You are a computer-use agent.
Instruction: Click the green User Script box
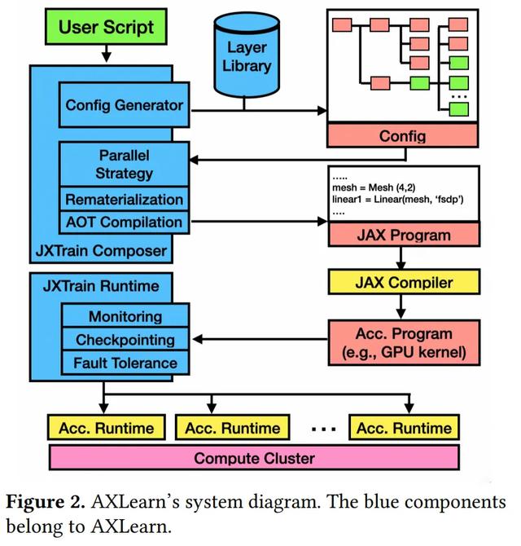(x=107, y=28)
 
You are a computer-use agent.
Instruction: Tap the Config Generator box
(x=125, y=105)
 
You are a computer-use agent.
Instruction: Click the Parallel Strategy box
(x=125, y=164)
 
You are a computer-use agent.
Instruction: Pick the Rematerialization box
(x=125, y=199)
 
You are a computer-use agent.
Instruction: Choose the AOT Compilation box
(x=125, y=221)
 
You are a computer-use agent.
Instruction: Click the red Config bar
(x=402, y=136)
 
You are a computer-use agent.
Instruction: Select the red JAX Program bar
(x=402, y=236)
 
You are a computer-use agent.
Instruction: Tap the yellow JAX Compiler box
(x=402, y=284)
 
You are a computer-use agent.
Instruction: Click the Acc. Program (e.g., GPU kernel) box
(x=402, y=340)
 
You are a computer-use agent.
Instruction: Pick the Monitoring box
(x=125, y=316)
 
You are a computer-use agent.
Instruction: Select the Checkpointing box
(x=125, y=339)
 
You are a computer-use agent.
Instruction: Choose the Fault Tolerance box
(x=125, y=362)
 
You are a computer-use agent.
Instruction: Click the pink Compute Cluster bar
(x=254, y=458)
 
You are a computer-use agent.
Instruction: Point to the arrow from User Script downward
(x=107, y=53)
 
